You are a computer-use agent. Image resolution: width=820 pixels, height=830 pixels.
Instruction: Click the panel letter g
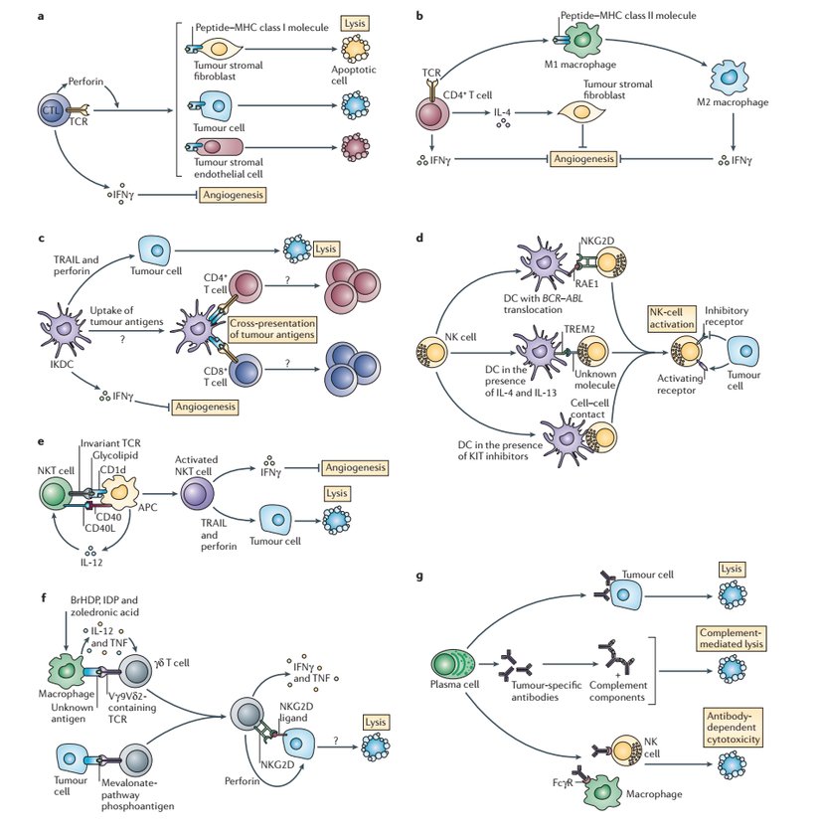[421, 576]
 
